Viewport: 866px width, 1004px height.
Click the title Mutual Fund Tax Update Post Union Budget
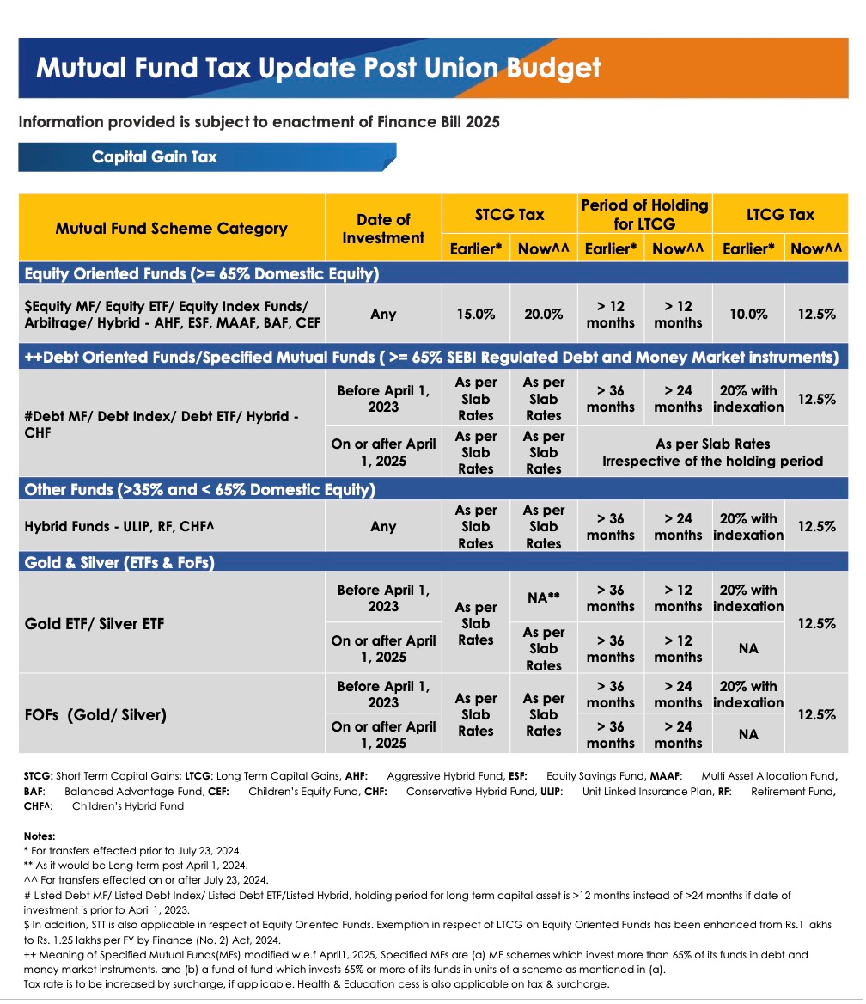point(318,68)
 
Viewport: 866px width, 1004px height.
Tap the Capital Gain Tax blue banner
point(155,157)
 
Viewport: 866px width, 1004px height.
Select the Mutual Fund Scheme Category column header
point(171,229)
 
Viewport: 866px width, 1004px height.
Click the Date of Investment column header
point(383,229)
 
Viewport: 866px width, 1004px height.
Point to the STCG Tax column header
point(509,215)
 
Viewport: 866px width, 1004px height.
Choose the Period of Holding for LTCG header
point(644,215)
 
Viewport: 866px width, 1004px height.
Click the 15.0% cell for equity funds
point(475,314)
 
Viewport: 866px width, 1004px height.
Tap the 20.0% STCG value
point(543,314)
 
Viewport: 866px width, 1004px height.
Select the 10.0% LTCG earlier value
point(748,314)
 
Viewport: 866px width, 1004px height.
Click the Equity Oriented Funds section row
point(202,274)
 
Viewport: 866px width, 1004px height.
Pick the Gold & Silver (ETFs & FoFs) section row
point(119,563)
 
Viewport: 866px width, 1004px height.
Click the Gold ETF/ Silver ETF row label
point(94,623)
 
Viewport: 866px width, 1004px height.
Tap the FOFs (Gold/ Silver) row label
point(95,714)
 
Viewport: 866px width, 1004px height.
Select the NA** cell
point(543,597)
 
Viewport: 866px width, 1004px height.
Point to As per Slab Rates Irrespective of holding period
point(712,452)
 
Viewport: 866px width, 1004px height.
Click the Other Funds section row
point(200,490)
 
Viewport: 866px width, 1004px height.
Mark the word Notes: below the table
point(40,836)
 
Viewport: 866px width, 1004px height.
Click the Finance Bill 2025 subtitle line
point(259,122)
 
